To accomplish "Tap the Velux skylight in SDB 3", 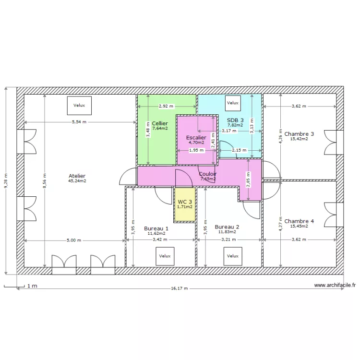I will [x=233, y=103].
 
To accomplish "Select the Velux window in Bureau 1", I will [x=165, y=256].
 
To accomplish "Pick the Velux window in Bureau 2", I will [x=232, y=256].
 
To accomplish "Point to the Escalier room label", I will [x=196, y=137].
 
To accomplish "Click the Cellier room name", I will [x=160, y=123].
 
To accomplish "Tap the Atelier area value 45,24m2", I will [x=77, y=181].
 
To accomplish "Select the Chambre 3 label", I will [x=299, y=134].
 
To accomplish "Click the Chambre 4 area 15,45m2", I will [x=299, y=226].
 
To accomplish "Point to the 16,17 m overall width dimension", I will [x=179, y=288].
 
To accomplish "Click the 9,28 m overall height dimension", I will [x=6, y=181].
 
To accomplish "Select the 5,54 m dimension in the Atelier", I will [x=79, y=122].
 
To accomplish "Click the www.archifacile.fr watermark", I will [x=335, y=285].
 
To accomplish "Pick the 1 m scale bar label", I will [x=32, y=286].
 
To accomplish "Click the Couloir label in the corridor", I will [x=208, y=174].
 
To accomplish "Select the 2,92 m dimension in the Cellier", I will [x=167, y=106].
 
